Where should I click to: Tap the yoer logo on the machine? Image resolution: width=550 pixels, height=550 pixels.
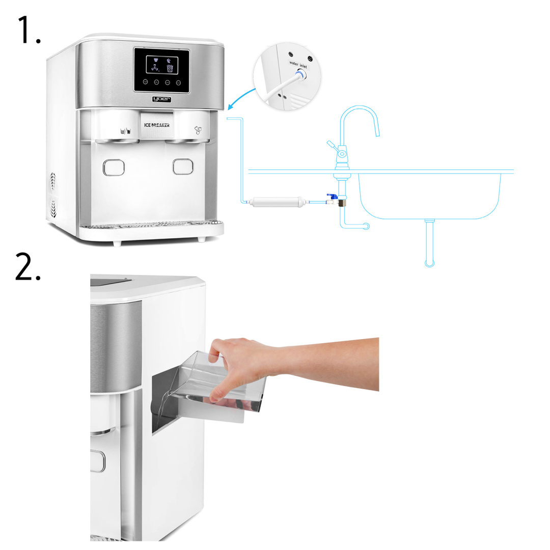click(162, 99)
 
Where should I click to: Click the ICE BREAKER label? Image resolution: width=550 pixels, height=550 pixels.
click(157, 125)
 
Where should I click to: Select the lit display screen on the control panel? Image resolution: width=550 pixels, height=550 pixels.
click(162, 65)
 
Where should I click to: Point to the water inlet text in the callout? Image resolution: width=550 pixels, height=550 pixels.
click(298, 65)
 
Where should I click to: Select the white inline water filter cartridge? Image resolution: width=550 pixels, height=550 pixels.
click(278, 202)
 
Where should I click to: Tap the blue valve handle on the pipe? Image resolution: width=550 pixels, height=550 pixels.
click(332, 196)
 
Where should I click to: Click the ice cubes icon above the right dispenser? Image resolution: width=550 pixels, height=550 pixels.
click(198, 130)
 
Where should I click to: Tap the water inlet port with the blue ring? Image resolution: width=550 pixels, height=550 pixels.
click(300, 74)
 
